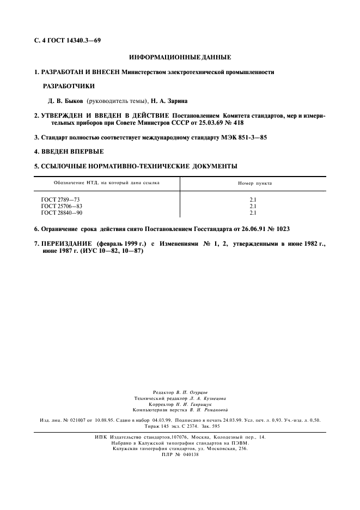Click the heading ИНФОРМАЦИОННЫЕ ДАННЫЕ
180,57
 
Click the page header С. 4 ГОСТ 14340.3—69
66,41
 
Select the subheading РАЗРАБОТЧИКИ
68,86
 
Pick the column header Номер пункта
253,183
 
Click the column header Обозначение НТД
81,183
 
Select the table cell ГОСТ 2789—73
60,200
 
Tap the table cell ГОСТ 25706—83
62,206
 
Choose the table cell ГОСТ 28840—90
62,212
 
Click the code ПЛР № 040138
180,455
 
